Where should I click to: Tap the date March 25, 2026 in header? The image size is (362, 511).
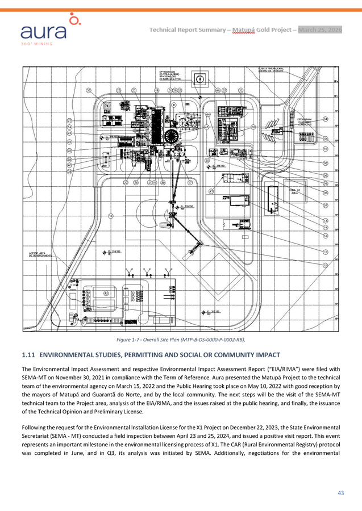tap(320, 29)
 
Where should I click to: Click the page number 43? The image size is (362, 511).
tap(341, 492)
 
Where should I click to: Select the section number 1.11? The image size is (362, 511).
tap(28, 355)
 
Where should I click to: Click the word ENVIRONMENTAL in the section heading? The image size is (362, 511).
tap(69, 355)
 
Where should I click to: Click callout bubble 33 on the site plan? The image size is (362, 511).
tap(89, 91)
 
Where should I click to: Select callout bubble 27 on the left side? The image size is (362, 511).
tap(69, 121)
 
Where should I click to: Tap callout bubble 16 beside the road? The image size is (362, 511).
tap(111, 216)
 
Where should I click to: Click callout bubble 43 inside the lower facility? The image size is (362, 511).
tap(106, 294)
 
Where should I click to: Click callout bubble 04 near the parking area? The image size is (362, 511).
tap(326, 119)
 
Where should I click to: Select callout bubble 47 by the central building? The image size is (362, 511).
tap(210, 191)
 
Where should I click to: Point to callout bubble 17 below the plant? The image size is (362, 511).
tap(190, 183)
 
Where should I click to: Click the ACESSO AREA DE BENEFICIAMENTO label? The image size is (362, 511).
tap(39, 254)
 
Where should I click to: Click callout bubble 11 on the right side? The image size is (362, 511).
tap(326, 251)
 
